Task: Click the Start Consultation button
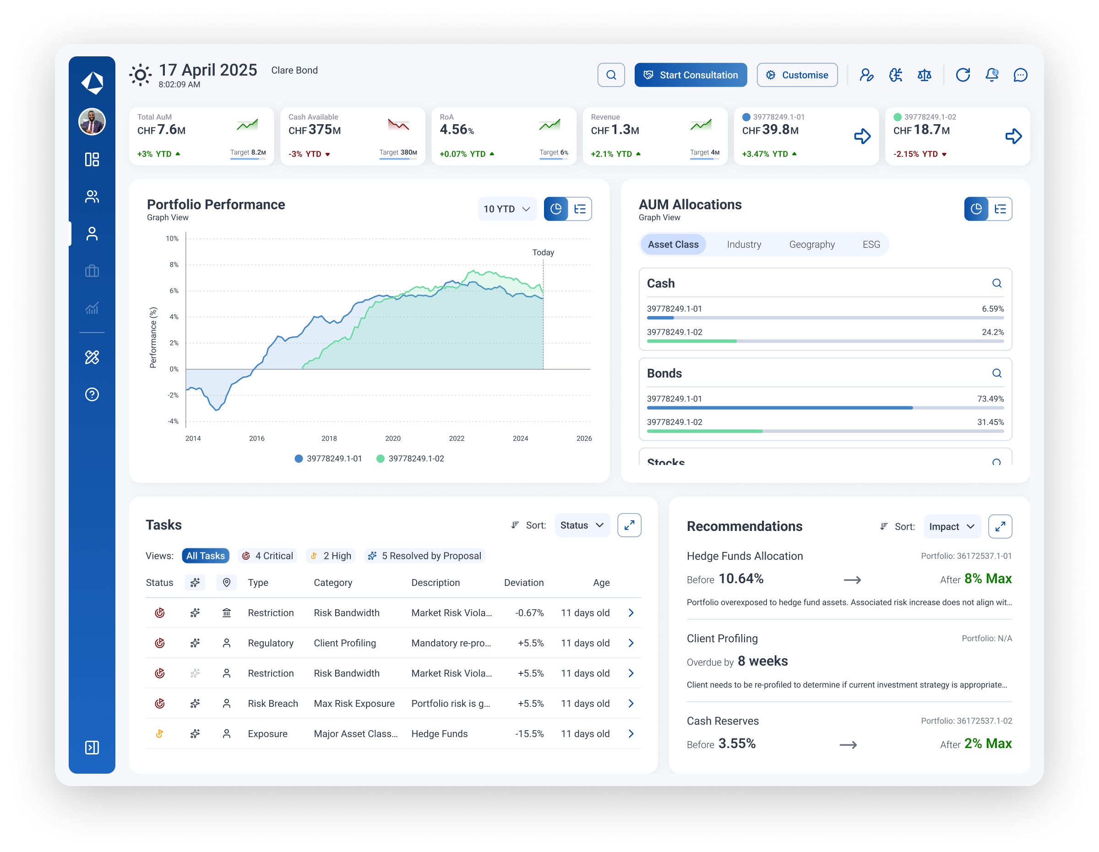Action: (x=691, y=75)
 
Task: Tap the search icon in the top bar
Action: (x=611, y=75)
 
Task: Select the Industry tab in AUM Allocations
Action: (x=744, y=245)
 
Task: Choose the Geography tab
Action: (x=812, y=245)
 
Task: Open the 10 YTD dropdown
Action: (x=507, y=209)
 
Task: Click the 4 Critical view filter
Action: (x=268, y=556)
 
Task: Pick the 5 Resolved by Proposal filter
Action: (x=425, y=556)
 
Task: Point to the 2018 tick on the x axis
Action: (x=329, y=438)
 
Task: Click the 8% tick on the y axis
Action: (x=174, y=265)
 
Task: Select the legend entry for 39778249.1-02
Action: (x=410, y=459)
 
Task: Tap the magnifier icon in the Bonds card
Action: (x=996, y=373)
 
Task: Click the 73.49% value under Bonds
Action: (x=990, y=399)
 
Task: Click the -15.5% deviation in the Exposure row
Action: (x=529, y=734)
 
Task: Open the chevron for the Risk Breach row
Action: (x=631, y=704)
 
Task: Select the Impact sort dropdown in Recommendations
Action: (x=952, y=526)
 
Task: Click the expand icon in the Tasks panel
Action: (x=629, y=525)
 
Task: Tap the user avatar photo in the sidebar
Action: (x=92, y=122)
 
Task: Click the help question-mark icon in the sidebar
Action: (x=92, y=394)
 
